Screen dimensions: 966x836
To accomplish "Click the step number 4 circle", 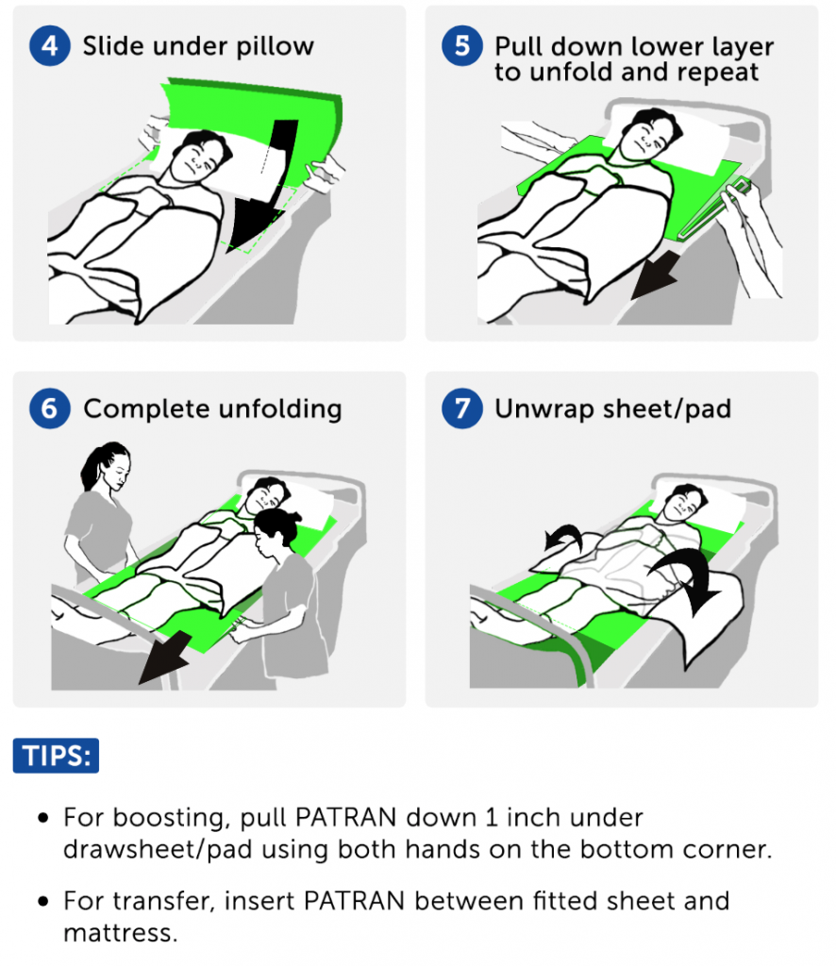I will [49, 46].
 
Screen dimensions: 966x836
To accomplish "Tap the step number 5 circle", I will [461, 46].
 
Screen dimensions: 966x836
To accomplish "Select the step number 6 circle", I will [49, 408].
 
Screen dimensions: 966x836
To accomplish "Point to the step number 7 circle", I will [461, 408].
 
